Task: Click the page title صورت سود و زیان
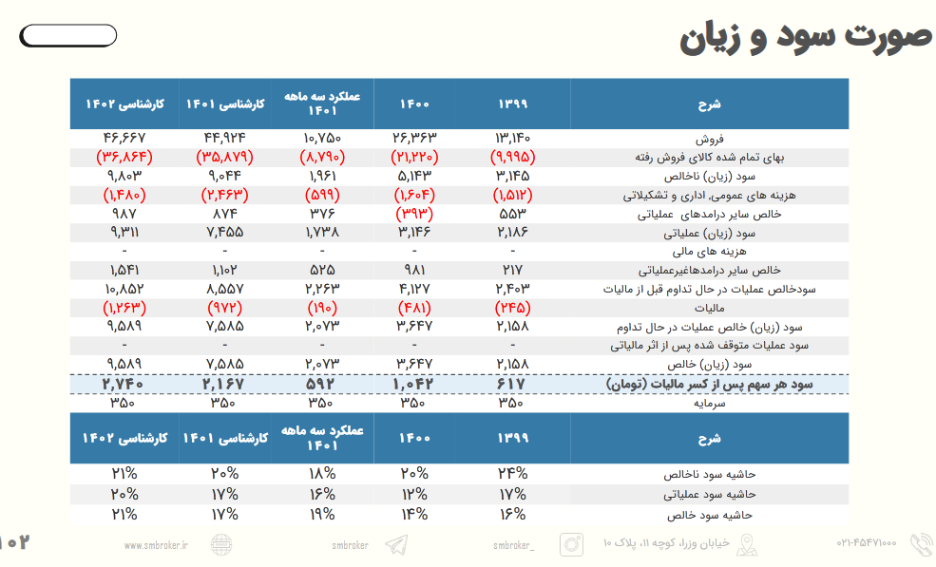tap(807, 37)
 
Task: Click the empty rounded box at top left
tap(68, 36)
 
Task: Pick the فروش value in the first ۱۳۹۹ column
tap(512, 139)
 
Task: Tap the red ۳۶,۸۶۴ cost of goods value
tap(124, 157)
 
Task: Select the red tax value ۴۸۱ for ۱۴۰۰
tap(412, 309)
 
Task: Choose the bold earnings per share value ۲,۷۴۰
tap(124, 384)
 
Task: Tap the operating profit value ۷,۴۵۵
tap(224, 233)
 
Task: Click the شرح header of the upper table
tap(710, 104)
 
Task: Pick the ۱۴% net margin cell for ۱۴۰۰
tap(412, 514)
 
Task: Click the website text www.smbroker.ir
tap(156, 545)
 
